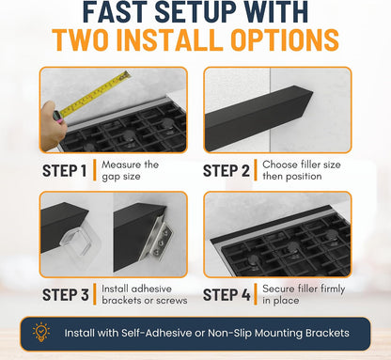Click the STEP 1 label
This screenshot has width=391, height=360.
pos(64,171)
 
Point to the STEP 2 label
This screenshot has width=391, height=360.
pos(227,171)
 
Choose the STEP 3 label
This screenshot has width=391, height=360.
pos(66,295)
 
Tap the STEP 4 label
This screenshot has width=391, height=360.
pos(227,295)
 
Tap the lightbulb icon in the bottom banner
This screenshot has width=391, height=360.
pos(41,333)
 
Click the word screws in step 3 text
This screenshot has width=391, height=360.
pos(172,301)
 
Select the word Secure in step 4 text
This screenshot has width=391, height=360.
pos(278,289)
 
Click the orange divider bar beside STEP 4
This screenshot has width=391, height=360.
pos(256,294)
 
